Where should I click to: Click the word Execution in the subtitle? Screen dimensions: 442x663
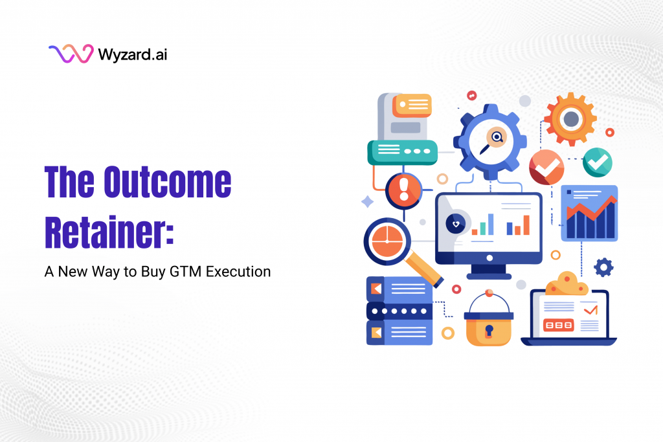pyautogui.click(x=238, y=272)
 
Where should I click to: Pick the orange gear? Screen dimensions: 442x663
pyautogui.click(x=570, y=119)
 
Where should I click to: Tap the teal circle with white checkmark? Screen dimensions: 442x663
pyautogui.click(x=597, y=161)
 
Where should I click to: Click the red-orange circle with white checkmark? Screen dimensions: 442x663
pyautogui.click(x=546, y=167)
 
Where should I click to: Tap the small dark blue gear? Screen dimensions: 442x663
pyautogui.click(x=603, y=267)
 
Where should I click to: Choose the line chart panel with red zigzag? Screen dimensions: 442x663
pyautogui.click(x=589, y=214)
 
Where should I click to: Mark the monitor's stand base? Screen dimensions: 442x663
pyautogui.click(x=489, y=275)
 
